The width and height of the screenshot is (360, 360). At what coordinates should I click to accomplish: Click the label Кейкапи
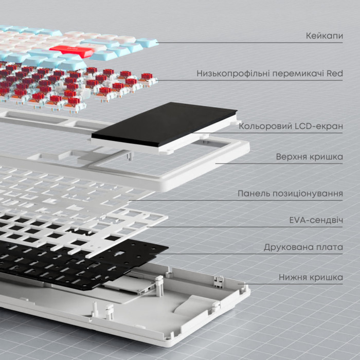pyautogui.click(x=325, y=35)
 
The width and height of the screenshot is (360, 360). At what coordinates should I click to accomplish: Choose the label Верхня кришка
pyautogui.click(x=309, y=157)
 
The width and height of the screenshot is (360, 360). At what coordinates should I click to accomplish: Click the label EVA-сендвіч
pyautogui.click(x=316, y=220)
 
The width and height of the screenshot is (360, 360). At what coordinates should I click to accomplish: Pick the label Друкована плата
pyautogui.click(x=303, y=247)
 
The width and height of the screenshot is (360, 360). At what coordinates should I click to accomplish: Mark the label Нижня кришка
pyautogui.click(x=311, y=277)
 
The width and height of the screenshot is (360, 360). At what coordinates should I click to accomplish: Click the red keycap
pyautogui.click(x=71, y=51)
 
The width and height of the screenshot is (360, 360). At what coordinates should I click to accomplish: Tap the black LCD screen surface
pyautogui.click(x=164, y=124)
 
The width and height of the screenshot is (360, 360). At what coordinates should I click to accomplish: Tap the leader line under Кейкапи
pyautogui.click(x=249, y=43)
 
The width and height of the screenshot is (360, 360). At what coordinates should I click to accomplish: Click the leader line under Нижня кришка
pyautogui.click(x=290, y=284)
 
